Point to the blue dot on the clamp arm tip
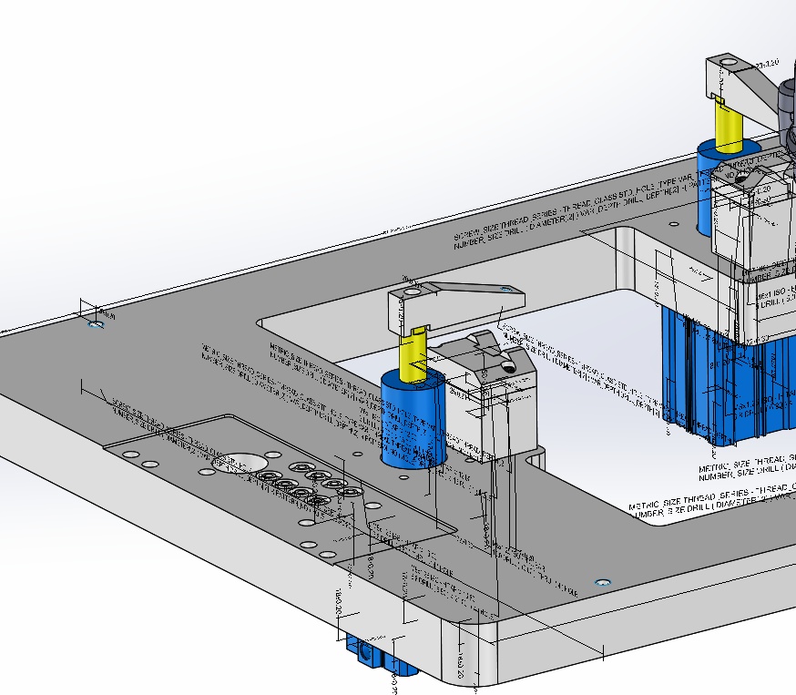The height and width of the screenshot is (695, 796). point(505,289)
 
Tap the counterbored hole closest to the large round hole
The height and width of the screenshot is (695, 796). point(269,475)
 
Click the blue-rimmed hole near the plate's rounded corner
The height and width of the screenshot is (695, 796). point(601,581)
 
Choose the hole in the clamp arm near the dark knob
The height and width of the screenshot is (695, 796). point(726,64)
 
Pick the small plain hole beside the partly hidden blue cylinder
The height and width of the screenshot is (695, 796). point(673,222)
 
